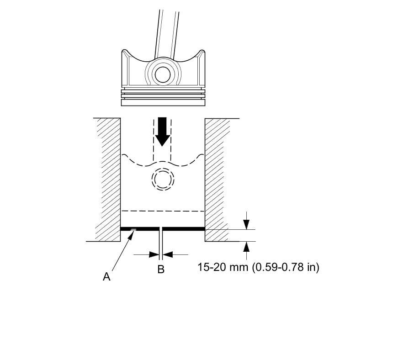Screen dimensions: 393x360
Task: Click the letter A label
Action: coord(106,277)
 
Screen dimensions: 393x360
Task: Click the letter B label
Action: coord(161,269)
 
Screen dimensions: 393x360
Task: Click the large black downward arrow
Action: coord(162,132)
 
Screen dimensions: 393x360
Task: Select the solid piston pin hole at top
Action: coord(163,74)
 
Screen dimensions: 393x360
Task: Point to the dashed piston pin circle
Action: coord(163,179)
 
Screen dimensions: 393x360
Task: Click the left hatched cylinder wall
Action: coord(108,180)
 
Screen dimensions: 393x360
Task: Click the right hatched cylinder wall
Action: coord(217,180)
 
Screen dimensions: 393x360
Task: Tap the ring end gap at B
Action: coord(161,229)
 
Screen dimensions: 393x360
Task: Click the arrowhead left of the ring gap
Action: coord(154,254)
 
